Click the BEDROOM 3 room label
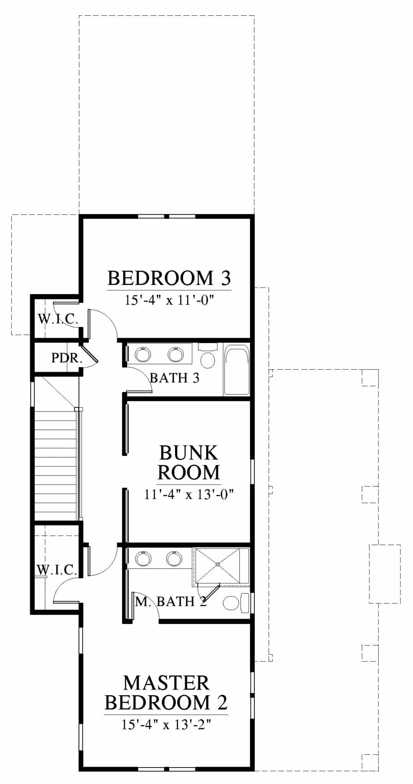click(x=169, y=278)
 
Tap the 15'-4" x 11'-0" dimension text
click(x=169, y=300)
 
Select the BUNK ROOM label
click(x=189, y=462)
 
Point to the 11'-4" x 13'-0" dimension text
click(x=189, y=495)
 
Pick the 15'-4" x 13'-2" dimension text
click(x=167, y=724)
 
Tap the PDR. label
click(x=67, y=358)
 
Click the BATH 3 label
click(x=175, y=378)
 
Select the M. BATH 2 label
click(x=171, y=602)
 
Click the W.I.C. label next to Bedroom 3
click(x=58, y=318)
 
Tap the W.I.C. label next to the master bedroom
click(x=57, y=570)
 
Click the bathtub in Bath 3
click(x=236, y=370)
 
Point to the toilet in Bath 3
click(x=208, y=356)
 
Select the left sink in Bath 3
click(x=144, y=354)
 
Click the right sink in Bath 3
click(x=175, y=354)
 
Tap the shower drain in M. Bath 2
click(x=218, y=564)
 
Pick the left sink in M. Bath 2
click(x=143, y=559)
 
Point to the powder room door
click(x=90, y=354)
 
